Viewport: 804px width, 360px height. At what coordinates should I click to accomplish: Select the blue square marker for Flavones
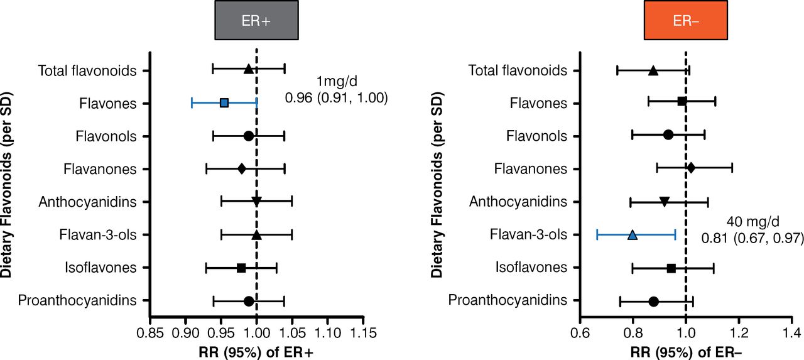224,102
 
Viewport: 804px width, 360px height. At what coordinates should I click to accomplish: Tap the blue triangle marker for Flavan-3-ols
633,235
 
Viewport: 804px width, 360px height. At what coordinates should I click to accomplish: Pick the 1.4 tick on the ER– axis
792,331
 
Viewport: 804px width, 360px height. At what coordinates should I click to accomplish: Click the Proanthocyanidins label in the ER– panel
507,300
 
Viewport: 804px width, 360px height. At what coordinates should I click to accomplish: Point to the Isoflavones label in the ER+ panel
100,268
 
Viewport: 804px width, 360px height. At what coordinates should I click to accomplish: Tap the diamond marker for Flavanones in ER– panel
691,168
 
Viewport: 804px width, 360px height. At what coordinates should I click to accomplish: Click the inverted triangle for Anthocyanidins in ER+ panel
256,201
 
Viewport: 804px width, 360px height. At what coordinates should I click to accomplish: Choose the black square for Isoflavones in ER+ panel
241,268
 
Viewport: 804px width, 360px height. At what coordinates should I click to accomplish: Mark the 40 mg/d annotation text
753,221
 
